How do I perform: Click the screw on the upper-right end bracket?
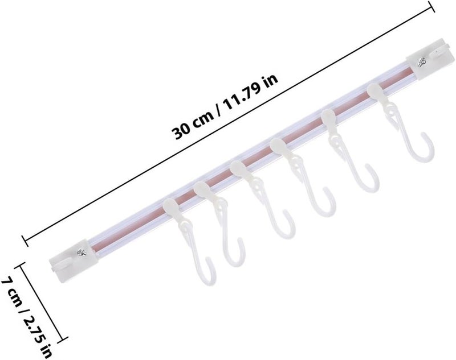click(x=421, y=62)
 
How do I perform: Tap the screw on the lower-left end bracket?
click(x=82, y=252)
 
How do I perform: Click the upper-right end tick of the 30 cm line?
click(x=431, y=6)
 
